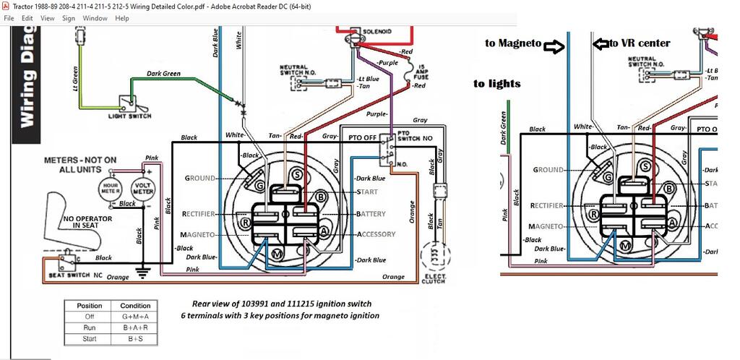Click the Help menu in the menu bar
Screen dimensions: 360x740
tap(122, 18)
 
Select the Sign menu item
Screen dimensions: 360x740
tap(69, 18)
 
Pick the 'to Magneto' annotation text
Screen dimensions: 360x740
tap(513, 43)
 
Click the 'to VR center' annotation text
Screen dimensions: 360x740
tap(640, 43)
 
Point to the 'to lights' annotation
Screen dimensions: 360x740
tap(497, 84)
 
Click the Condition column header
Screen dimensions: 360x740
tap(135, 306)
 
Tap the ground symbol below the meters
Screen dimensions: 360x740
tap(143, 272)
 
